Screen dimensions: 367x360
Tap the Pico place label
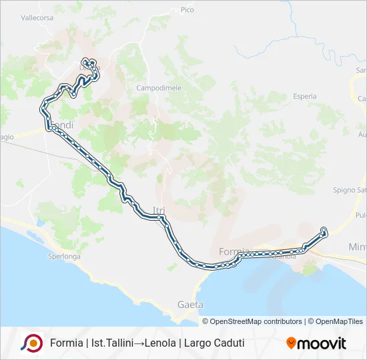coord(187,10)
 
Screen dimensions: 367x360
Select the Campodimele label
coord(155,87)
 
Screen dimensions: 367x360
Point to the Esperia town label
coord(304,96)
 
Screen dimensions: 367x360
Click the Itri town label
coord(159,211)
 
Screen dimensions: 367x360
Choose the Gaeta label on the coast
coord(190,304)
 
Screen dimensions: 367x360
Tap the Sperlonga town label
coord(64,256)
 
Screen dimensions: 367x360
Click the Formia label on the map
coord(233,251)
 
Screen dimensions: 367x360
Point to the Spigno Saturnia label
coord(354,190)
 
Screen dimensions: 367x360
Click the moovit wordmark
coord(322,344)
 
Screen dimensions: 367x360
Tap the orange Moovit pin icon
coord(291,343)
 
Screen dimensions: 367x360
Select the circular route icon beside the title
coord(31,343)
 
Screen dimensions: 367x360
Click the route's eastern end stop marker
coord(324,231)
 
